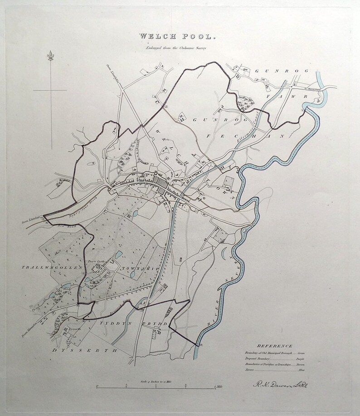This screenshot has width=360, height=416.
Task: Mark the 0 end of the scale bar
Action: [97, 387]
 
